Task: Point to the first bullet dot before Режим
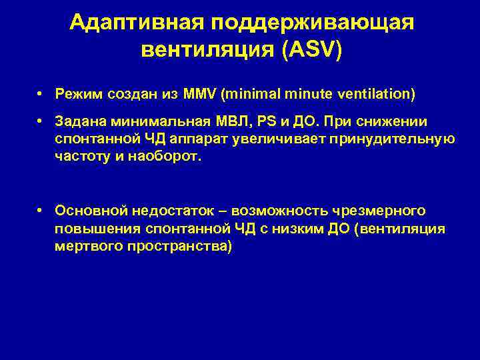pyautogui.click(x=41, y=95)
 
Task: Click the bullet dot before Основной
pyautogui.click(x=41, y=210)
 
